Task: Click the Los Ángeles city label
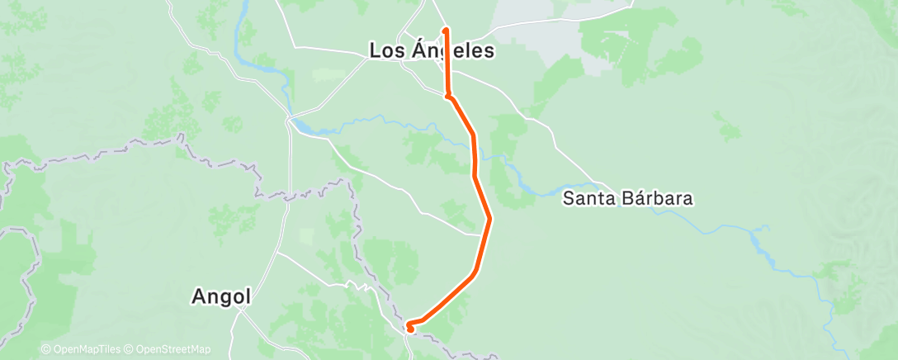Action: (x=432, y=51)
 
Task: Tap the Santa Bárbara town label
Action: (x=639, y=199)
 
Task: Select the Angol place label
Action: (x=220, y=296)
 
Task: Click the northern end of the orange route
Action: (x=447, y=30)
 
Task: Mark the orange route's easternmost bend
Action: (x=489, y=219)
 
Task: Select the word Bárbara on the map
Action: (x=662, y=199)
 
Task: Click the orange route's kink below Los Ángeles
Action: (x=448, y=97)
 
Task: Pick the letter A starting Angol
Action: (x=198, y=296)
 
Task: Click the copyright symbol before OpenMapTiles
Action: (x=45, y=350)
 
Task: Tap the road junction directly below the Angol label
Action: (x=239, y=310)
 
